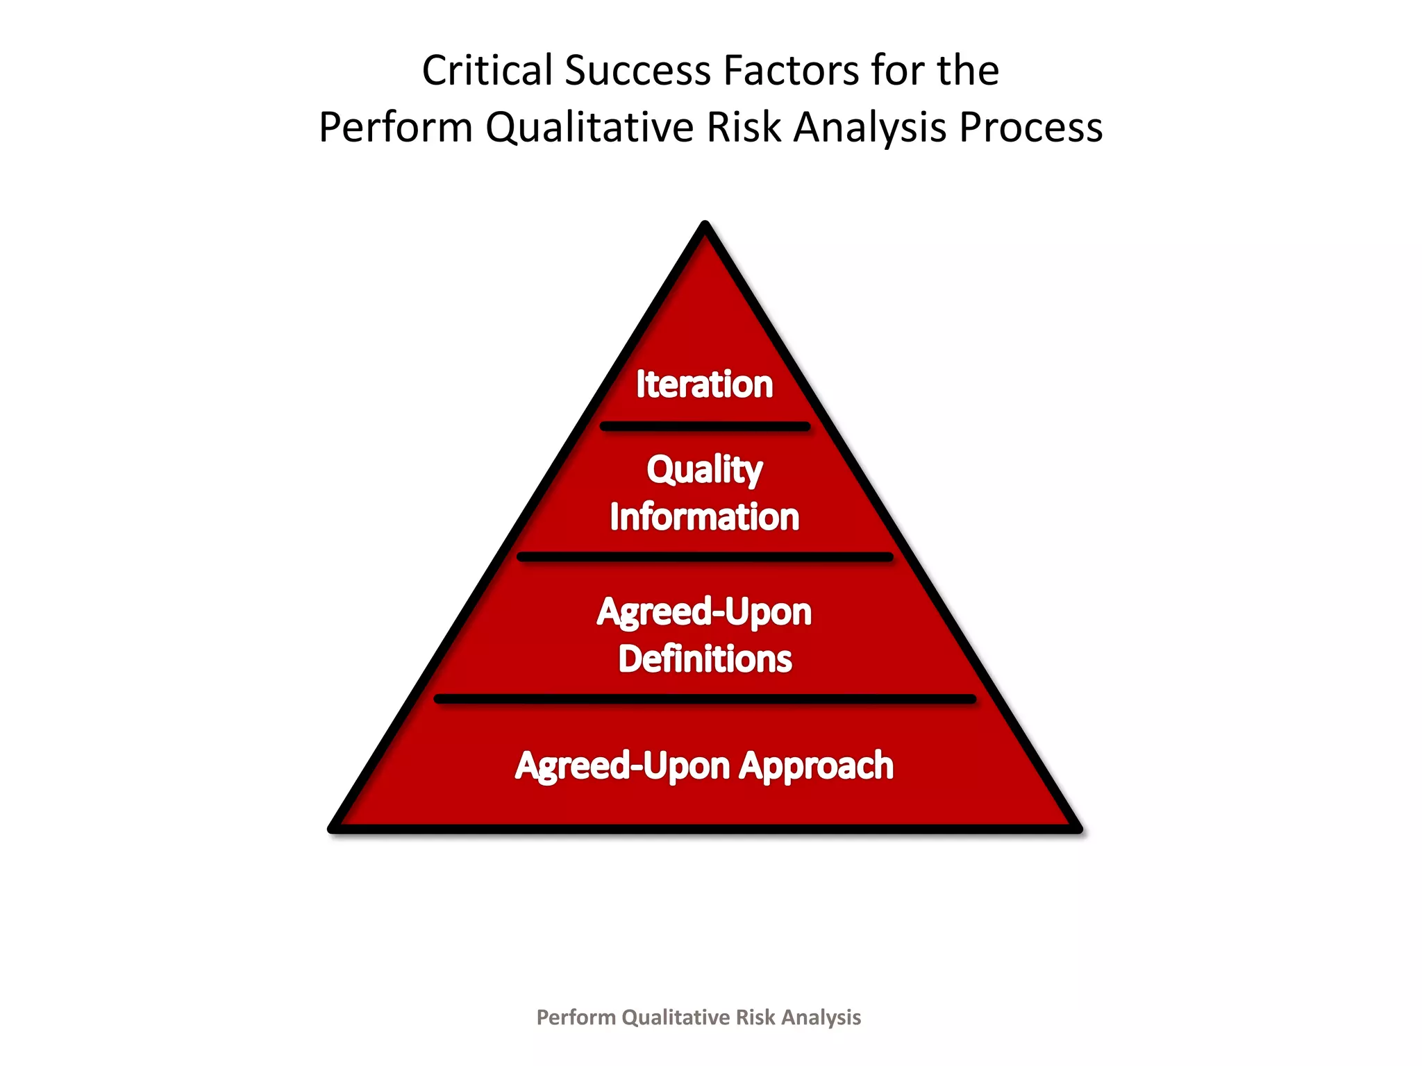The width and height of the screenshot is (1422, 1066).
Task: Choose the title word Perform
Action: (x=396, y=128)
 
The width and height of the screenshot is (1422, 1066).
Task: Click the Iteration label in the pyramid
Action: (x=704, y=384)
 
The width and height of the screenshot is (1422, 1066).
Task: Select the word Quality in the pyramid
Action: (x=705, y=470)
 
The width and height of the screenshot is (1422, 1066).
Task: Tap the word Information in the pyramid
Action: (x=705, y=517)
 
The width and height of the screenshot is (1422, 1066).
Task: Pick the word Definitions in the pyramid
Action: (x=705, y=659)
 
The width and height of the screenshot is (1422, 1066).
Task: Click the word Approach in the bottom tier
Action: (x=816, y=766)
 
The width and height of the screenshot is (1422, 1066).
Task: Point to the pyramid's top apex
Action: (x=705, y=226)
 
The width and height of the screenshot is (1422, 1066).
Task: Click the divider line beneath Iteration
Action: (x=705, y=426)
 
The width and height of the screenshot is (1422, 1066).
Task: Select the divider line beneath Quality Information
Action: (x=705, y=557)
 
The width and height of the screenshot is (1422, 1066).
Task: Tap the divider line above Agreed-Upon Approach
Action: (x=705, y=699)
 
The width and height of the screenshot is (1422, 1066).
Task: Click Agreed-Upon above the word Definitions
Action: (x=704, y=612)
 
